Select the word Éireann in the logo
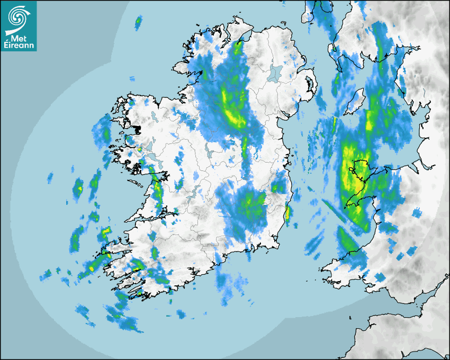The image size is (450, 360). point(19,46)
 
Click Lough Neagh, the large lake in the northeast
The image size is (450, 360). point(275,73)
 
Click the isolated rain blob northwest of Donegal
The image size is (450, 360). point(139,22)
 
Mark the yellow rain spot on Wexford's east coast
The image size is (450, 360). point(287,213)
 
